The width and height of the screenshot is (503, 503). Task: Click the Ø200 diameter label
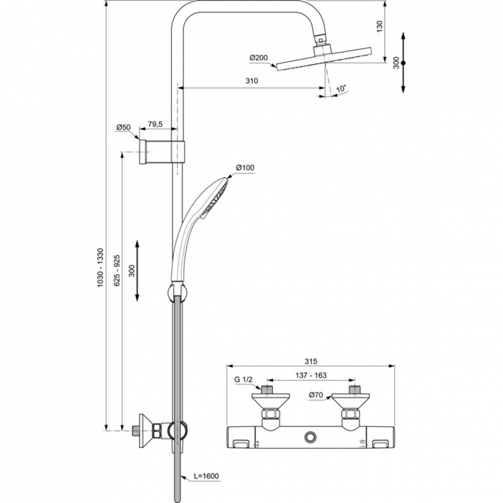(259, 58)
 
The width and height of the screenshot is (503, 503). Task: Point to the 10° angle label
(341, 88)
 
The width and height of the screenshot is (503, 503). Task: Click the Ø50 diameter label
(123, 127)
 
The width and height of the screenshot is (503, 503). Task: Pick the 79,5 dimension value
(156, 123)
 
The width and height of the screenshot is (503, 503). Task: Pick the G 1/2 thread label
(244, 380)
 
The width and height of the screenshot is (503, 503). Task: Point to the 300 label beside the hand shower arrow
(131, 270)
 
